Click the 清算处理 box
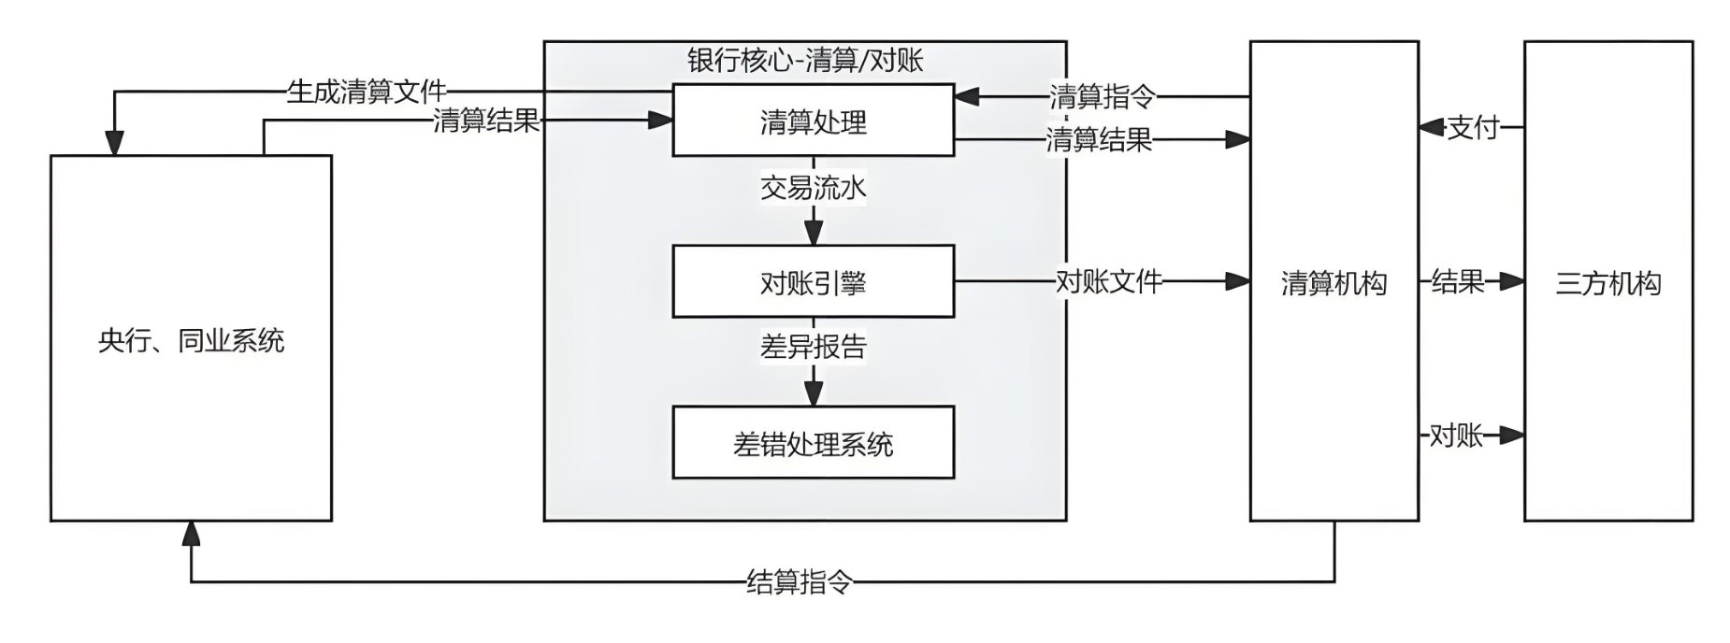point(813,121)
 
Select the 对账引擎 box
point(813,282)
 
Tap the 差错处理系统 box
point(813,444)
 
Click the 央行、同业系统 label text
point(191,340)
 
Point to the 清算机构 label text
point(1334,283)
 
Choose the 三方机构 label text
point(1607,283)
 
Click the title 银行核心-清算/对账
point(805,60)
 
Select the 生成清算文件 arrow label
point(366,92)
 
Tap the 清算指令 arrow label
point(1102,95)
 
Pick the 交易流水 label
point(813,188)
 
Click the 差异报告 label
point(813,347)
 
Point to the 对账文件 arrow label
point(1108,280)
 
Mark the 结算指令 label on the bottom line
point(800,582)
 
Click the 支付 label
point(1473,127)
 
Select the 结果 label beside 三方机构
point(1457,280)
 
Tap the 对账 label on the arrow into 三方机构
point(1455,435)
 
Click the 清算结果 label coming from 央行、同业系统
point(486,120)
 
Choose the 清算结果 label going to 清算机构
point(1099,140)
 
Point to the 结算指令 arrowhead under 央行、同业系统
point(191,533)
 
